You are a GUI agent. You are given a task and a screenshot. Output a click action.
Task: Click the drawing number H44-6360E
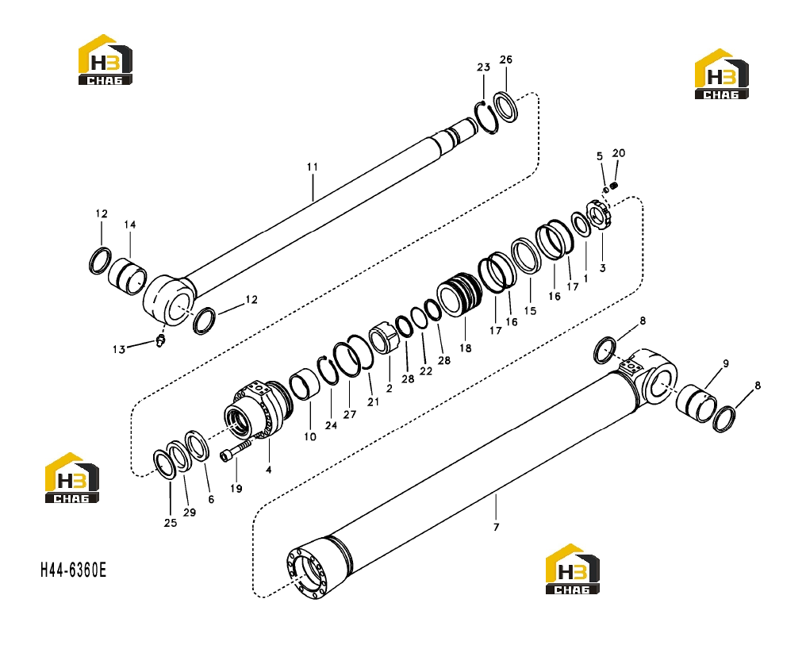click(74, 570)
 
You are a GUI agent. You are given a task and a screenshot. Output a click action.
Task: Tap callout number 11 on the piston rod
click(313, 167)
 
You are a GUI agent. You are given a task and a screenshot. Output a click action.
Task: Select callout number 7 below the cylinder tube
click(496, 527)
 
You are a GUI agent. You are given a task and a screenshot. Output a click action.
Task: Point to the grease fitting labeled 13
click(160, 340)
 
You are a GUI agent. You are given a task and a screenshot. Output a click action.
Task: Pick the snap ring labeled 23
click(486, 117)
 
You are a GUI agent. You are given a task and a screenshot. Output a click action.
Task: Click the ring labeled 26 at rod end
click(507, 107)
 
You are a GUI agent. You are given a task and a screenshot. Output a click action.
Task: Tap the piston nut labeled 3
click(599, 215)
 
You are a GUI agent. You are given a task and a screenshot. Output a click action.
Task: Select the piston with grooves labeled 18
click(459, 295)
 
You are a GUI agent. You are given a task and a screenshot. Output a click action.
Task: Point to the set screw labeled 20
click(614, 186)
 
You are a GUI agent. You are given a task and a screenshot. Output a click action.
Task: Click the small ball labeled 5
click(605, 190)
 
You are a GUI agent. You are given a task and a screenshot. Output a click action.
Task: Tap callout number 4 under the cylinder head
click(268, 470)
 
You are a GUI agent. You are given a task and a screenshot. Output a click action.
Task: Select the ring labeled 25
click(166, 466)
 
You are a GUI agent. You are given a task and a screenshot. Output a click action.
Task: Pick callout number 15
click(530, 310)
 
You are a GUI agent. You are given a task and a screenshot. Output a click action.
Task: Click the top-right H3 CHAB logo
click(722, 74)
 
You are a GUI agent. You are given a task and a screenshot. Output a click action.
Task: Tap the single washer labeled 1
click(581, 225)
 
